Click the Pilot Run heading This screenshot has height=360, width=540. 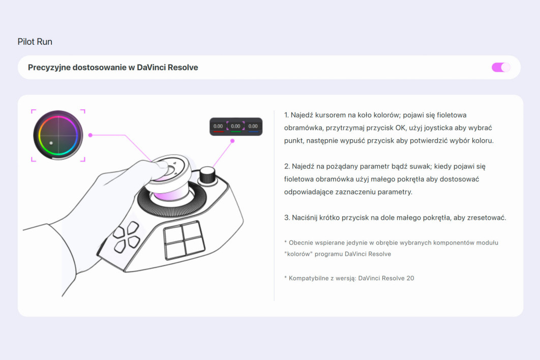click(x=35, y=42)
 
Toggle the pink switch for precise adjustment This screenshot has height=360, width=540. click(x=501, y=67)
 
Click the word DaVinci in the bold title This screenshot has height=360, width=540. click(x=151, y=67)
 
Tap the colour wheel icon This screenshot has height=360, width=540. click(x=58, y=135)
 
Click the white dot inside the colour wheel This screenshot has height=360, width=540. click(x=51, y=143)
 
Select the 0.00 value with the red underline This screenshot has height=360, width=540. click(x=218, y=127)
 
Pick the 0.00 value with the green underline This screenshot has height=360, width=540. click(x=235, y=127)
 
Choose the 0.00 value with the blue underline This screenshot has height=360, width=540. click(x=253, y=127)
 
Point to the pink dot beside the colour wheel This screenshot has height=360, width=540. click(x=90, y=135)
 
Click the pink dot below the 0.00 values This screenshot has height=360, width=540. click(x=232, y=140)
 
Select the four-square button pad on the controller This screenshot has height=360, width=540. click(x=184, y=240)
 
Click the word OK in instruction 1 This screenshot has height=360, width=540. click(x=401, y=128)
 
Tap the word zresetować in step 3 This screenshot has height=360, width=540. click(x=487, y=218)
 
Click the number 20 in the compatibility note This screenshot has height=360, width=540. click(x=410, y=278)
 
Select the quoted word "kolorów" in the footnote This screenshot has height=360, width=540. click(x=298, y=254)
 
